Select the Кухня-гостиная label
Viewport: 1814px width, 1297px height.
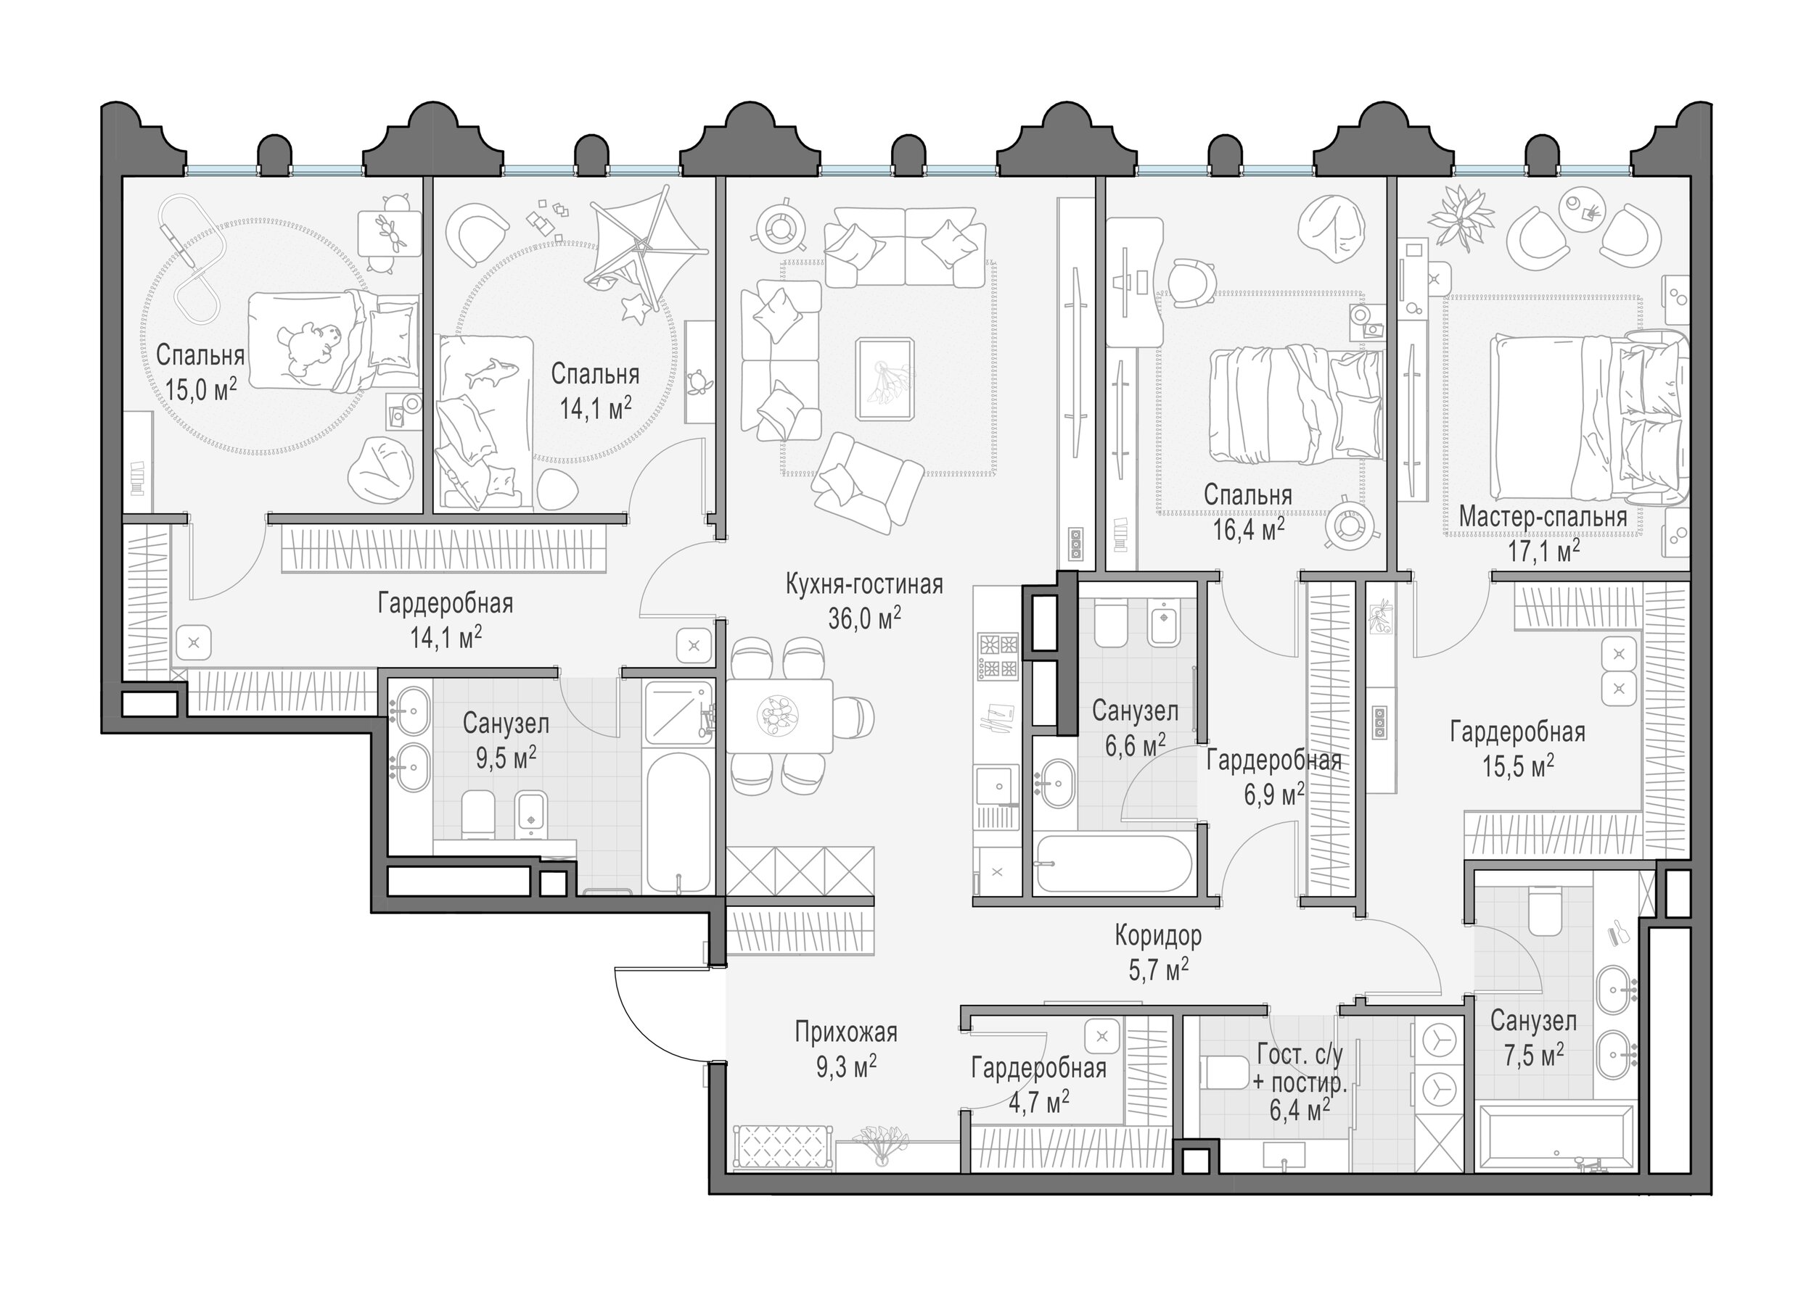(865, 584)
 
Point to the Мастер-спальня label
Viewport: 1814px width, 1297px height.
(1543, 517)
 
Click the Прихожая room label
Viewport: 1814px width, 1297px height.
(846, 1032)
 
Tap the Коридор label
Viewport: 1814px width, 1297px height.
(1158, 935)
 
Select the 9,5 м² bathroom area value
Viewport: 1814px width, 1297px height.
(506, 757)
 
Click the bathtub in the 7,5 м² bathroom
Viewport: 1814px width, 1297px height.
(1556, 1138)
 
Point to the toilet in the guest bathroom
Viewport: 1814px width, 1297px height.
(1225, 1072)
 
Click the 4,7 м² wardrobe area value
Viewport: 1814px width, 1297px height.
(1039, 1103)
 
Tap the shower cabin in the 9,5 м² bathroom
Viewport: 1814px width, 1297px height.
(678, 713)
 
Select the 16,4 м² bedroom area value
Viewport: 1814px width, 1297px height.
(1248, 528)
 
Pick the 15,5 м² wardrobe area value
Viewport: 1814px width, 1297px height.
(1517, 766)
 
